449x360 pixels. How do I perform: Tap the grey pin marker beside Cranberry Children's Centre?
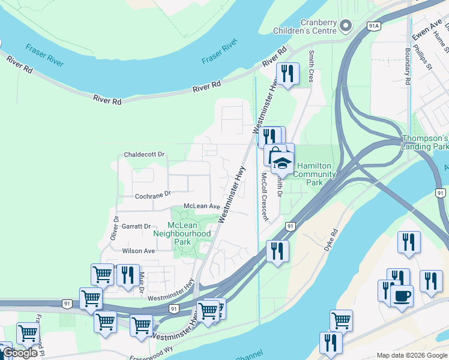point(345,26)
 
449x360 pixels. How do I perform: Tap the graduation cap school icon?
point(282,162)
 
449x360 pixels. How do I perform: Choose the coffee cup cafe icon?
point(402,295)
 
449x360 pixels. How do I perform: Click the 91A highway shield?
point(375,26)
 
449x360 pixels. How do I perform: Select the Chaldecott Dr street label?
point(144,154)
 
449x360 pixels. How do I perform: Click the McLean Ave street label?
point(202,206)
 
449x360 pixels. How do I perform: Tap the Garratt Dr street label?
point(136,226)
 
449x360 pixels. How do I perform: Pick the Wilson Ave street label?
point(139,251)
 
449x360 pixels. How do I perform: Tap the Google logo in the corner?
point(20,353)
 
